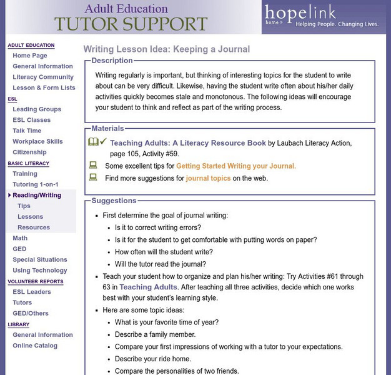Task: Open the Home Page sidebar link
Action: point(29,56)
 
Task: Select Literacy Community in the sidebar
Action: point(42,77)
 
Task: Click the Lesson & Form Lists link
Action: point(44,87)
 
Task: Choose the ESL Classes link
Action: point(31,120)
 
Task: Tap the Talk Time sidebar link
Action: point(27,131)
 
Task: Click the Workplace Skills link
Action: point(37,141)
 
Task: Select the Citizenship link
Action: point(29,152)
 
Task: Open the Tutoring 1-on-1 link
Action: point(36,184)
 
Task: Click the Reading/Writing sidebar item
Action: point(37,195)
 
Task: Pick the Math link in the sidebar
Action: point(20,238)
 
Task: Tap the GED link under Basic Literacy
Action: point(19,249)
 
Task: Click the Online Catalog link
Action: point(35,346)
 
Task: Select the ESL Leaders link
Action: point(32,292)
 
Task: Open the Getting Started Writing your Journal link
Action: point(236,166)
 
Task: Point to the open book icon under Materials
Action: point(93,142)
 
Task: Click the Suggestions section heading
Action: point(114,201)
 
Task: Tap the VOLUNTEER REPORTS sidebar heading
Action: point(35,282)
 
